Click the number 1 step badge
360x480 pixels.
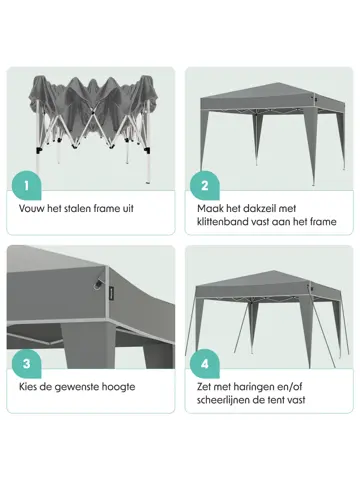click(26, 185)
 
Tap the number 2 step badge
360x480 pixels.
click(205, 185)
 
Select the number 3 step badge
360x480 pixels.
click(26, 364)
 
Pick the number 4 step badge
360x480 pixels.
click(205, 364)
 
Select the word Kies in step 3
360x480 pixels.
click(28, 387)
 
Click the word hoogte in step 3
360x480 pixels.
click(118, 388)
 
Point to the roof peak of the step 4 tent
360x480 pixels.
click(273, 270)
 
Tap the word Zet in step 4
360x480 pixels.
click(204, 387)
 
